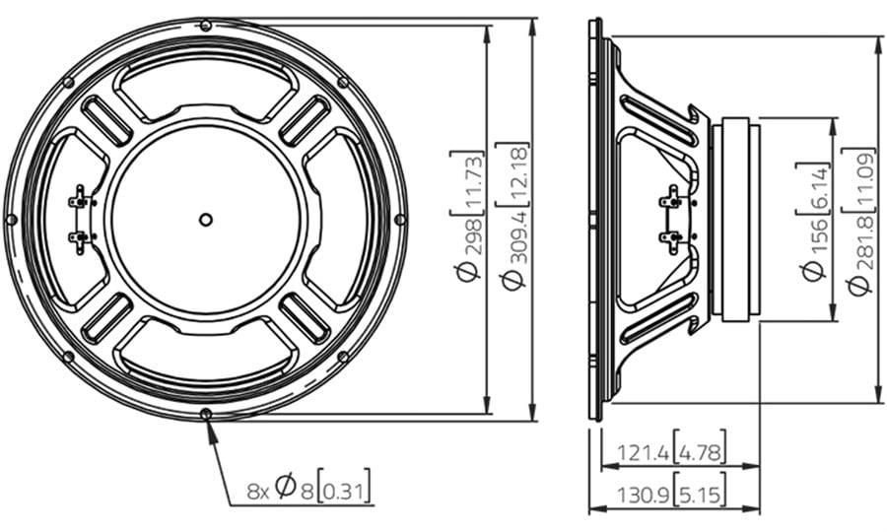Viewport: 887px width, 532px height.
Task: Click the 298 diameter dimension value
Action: [472, 235]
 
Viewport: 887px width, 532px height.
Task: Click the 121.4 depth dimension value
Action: [644, 452]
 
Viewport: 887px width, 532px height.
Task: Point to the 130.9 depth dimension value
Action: [643, 496]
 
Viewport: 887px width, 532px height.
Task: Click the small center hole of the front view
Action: [206, 220]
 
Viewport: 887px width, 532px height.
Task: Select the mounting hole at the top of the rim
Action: [206, 26]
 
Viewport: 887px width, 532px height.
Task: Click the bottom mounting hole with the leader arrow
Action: [206, 414]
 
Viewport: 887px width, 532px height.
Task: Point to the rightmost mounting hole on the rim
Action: [400, 220]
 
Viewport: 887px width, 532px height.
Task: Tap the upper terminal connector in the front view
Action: [80, 200]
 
